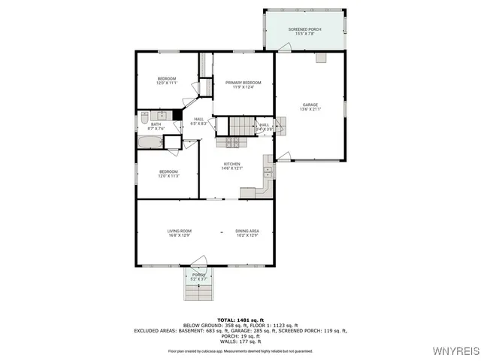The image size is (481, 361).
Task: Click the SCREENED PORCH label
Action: point(304,29)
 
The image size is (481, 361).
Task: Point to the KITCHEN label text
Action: point(231,165)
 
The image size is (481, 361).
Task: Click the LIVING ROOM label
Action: point(179,231)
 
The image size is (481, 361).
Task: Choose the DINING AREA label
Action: point(247,231)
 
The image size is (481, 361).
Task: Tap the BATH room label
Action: point(156,126)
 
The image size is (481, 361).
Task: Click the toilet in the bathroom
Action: point(144,117)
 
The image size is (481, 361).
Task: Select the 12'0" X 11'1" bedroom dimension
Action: point(166,83)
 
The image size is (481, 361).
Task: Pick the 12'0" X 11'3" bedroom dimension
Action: point(168,176)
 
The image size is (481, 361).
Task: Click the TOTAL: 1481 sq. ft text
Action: point(240,320)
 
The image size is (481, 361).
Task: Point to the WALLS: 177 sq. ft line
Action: point(240,341)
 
